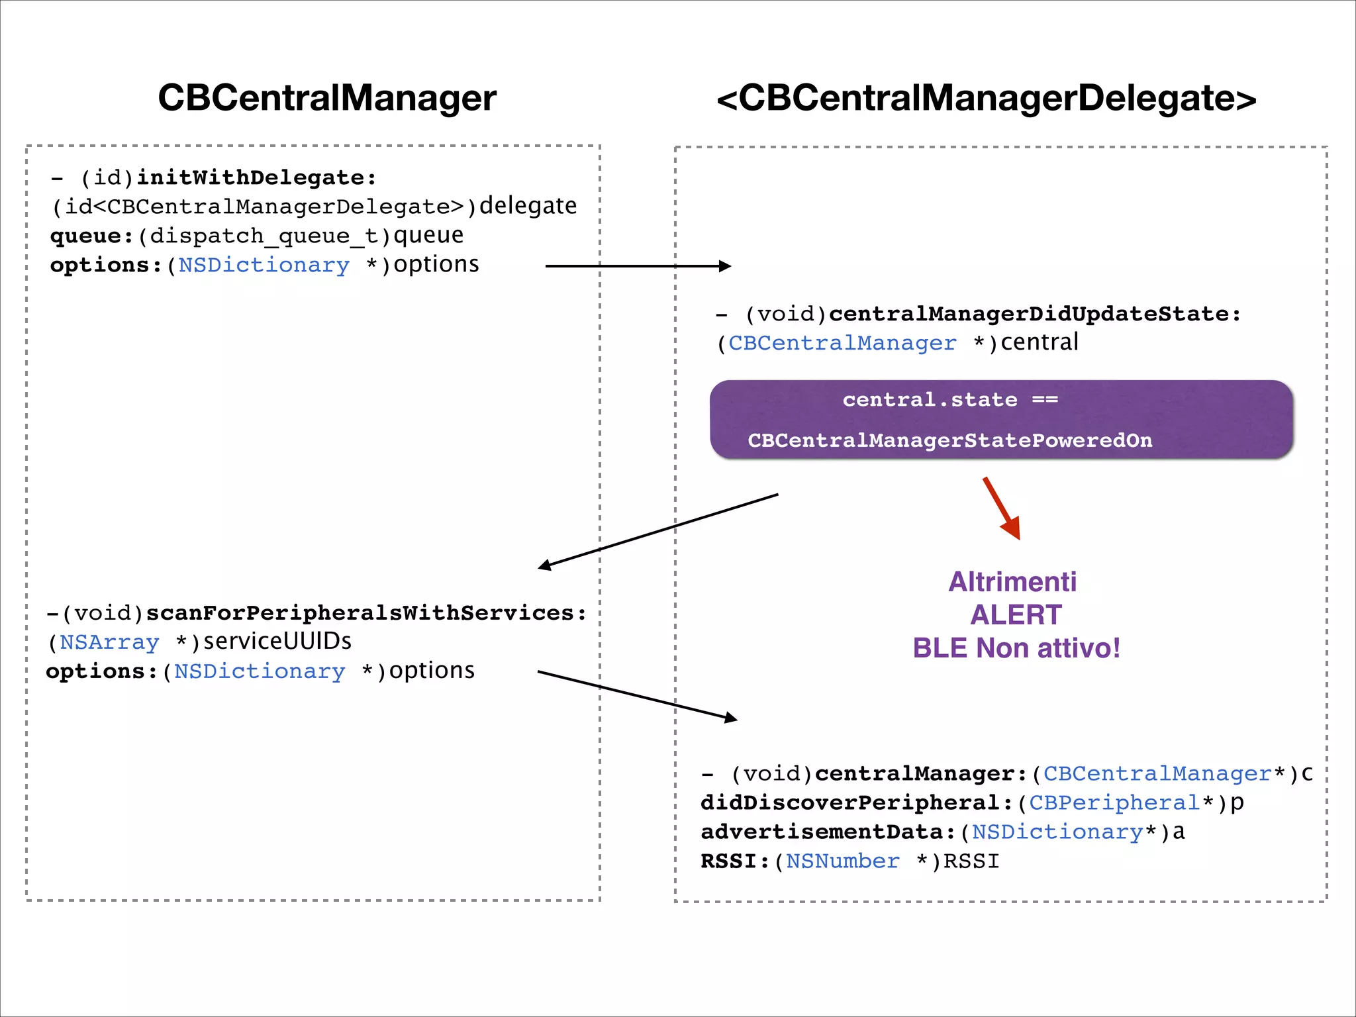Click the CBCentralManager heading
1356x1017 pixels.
(327, 98)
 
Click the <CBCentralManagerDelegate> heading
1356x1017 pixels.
(986, 98)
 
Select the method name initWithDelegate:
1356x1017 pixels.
(256, 177)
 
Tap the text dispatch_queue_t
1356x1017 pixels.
(265, 236)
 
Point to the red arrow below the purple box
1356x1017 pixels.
(1002, 508)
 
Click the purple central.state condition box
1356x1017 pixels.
(1001, 419)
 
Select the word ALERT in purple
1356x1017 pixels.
(1016, 615)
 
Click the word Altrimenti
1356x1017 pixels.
(1012, 582)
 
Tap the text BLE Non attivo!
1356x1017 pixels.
(1016, 648)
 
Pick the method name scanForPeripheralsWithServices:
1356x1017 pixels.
(366, 613)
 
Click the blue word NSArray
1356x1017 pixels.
(109, 642)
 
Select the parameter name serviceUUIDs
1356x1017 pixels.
(277, 641)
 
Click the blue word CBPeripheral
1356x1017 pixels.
(1114, 803)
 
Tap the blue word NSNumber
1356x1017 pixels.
(842, 861)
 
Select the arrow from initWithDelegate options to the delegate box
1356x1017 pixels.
(638, 266)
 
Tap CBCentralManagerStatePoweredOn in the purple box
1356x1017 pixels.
(949, 440)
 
